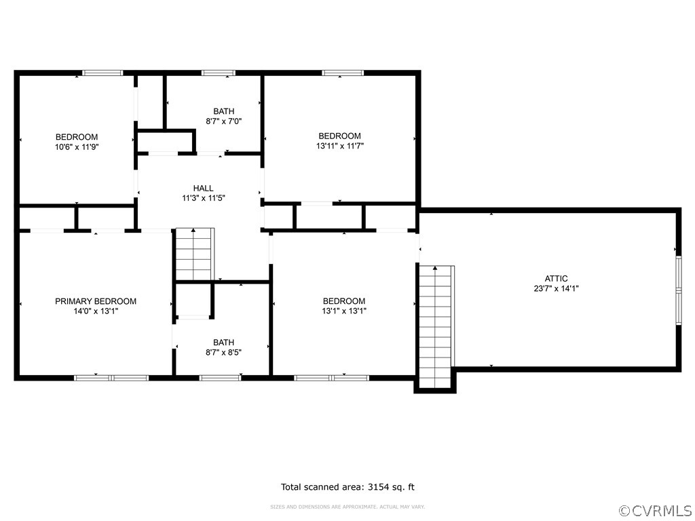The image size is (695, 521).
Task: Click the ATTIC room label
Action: pos(556,278)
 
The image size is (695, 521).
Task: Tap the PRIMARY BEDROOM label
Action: pos(96,301)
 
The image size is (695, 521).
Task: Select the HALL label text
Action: pos(203,189)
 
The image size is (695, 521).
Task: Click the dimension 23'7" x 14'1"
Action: pos(556,288)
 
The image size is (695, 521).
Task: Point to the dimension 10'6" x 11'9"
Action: pos(77,147)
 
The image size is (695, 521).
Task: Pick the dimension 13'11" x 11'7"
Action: pos(340,145)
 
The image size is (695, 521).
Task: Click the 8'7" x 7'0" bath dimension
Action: pos(224,121)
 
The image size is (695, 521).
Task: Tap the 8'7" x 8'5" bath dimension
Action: pos(223,352)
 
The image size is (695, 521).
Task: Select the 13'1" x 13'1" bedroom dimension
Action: pos(344,311)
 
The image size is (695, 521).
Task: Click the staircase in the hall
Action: pos(195,254)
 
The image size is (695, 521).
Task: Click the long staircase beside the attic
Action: pos(435,326)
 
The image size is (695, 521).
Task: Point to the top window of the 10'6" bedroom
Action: pos(102,73)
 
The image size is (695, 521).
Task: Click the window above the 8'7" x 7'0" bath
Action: pos(218,73)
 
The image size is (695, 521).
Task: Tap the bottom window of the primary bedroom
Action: pos(111,377)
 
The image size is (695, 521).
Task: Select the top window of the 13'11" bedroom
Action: pos(343,73)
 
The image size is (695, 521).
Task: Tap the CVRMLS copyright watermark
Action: pos(655,510)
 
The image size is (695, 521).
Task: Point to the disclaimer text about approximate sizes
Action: pos(347,507)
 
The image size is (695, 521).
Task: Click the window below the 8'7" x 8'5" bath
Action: pos(220,377)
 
